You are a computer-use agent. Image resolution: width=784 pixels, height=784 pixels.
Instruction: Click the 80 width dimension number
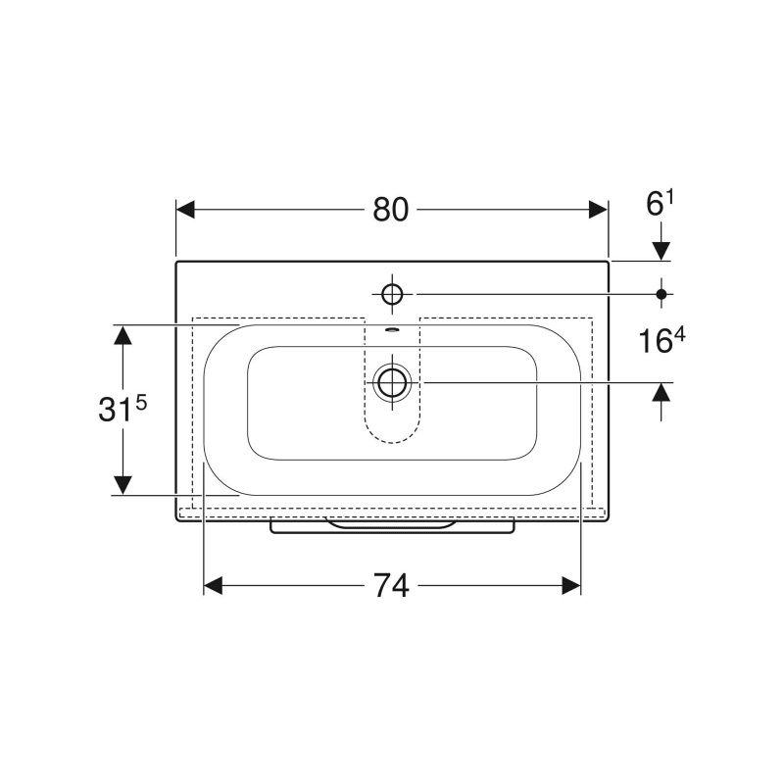click(x=390, y=210)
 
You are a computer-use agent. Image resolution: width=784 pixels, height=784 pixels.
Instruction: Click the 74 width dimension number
click(x=391, y=585)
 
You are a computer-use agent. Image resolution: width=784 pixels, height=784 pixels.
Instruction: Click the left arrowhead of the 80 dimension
click(x=185, y=210)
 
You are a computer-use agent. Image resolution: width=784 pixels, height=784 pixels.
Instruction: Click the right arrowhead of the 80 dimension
click(x=598, y=210)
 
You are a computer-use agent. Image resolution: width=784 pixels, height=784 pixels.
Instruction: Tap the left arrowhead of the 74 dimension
click(x=213, y=585)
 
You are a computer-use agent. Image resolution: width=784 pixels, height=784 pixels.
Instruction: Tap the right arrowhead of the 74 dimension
click(x=571, y=585)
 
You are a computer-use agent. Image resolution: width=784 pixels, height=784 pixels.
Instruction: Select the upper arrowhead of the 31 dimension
click(x=123, y=334)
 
